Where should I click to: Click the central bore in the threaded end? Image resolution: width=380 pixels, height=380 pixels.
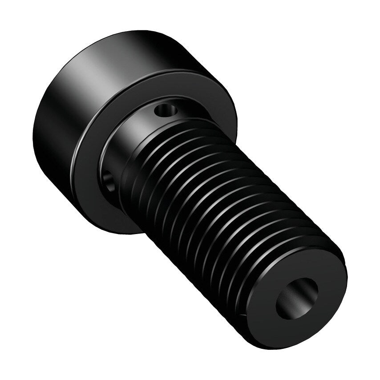297,298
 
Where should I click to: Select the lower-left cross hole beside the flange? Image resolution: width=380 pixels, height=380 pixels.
108,180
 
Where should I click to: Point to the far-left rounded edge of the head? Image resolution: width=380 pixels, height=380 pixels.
34,133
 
